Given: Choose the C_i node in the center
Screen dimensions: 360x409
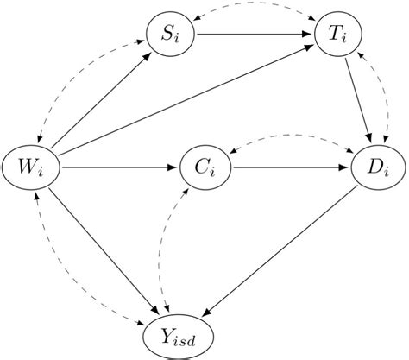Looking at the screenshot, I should pyautogui.click(x=205, y=166).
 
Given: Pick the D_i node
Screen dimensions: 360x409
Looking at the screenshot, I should pyautogui.click(x=376, y=166).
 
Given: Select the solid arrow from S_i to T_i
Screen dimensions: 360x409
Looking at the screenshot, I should pyautogui.click(x=255, y=35).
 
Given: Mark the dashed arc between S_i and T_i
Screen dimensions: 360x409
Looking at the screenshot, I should pyautogui.click(x=255, y=8).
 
